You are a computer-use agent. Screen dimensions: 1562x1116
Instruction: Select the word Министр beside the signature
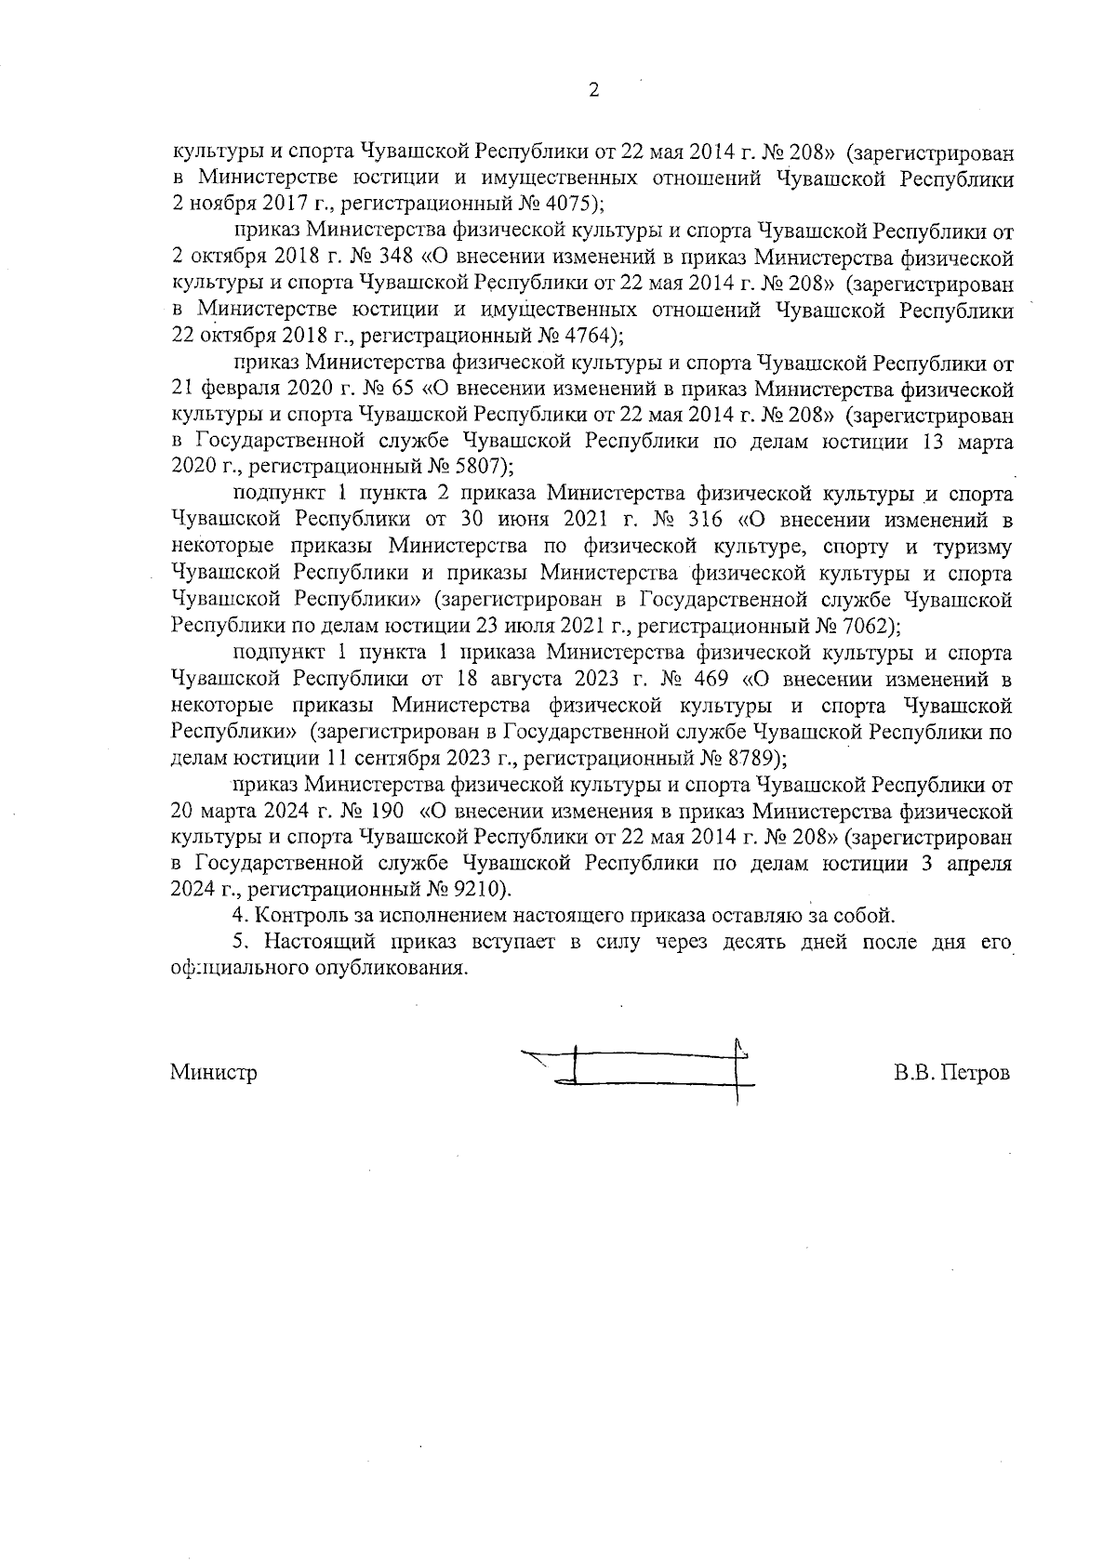pyautogui.click(x=214, y=1072)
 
